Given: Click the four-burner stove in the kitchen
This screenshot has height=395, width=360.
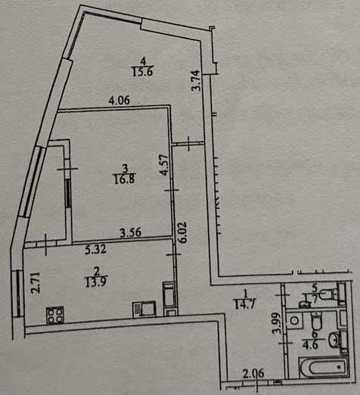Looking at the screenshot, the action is tap(55, 315).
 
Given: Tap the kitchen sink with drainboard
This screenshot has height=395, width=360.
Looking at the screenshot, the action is tap(144, 309).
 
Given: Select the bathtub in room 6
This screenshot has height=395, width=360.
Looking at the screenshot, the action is tap(324, 367).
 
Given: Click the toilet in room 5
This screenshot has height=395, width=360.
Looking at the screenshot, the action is tap(330, 294).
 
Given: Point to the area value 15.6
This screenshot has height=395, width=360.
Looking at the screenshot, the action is tap(143, 72).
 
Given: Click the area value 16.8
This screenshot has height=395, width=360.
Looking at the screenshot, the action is tap(125, 179).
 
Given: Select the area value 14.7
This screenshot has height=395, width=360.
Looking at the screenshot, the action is tap(245, 304).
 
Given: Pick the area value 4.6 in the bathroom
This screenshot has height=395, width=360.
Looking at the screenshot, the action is tap(310, 344).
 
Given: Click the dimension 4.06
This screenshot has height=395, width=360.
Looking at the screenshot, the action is tap(119, 101).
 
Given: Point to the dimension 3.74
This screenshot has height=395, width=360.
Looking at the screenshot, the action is tap(196, 80).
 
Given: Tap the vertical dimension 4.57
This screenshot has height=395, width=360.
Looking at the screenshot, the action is tap(165, 165).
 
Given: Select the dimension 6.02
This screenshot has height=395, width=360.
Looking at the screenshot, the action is tap(182, 232).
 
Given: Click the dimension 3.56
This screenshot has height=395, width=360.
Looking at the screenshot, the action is tap(131, 232).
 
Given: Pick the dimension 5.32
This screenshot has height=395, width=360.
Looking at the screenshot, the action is tap(96, 250).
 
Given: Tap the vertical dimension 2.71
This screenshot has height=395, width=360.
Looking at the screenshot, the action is tap(36, 282).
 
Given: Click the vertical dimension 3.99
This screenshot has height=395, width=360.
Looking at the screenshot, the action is tap(277, 323).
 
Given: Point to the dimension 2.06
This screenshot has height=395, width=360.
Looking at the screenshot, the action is tap(253, 374).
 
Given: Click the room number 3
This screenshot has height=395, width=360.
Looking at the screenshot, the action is tap(125, 167).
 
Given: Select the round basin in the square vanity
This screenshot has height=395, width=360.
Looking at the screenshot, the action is tap(294, 321).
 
